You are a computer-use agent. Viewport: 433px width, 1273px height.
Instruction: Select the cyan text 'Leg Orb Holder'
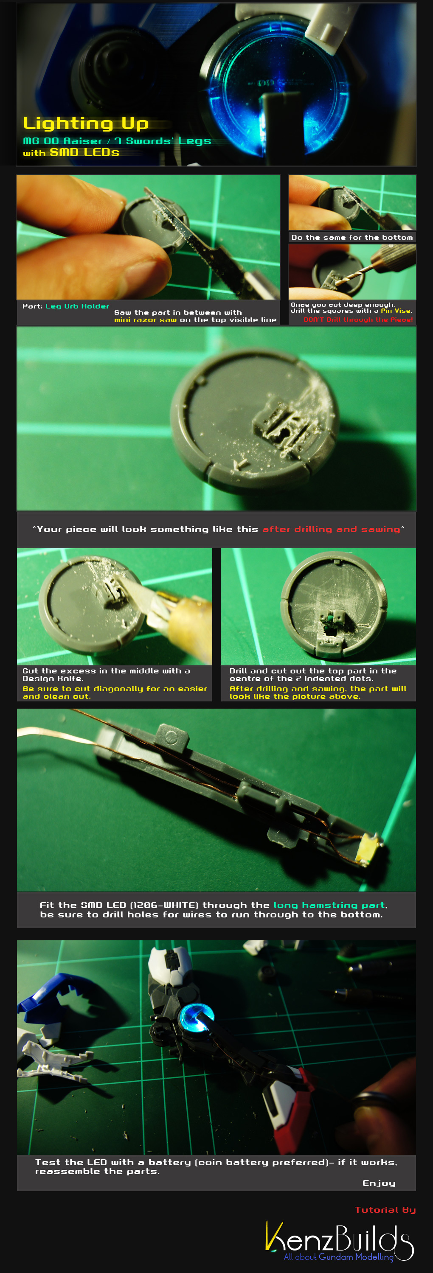click(77, 306)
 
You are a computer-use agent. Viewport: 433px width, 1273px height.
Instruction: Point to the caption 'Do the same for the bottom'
click(352, 238)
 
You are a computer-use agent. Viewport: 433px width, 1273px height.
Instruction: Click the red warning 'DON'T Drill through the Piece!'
click(358, 320)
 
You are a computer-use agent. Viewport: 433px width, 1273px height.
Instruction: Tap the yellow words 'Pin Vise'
click(396, 311)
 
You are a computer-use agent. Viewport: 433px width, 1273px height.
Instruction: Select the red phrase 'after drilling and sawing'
click(331, 529)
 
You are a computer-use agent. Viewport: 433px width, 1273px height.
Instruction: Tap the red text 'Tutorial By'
click(385, 1210)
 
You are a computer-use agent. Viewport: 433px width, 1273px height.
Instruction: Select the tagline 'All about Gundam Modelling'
click(339, 1257)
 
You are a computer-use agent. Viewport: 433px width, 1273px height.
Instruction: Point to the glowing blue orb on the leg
click(196, 1017)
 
